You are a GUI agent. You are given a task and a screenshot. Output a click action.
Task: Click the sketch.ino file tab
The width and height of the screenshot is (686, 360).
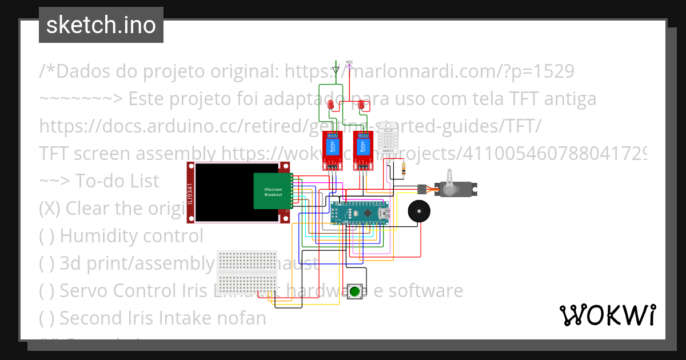101,25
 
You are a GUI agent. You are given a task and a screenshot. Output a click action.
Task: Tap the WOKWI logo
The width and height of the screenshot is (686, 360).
607,315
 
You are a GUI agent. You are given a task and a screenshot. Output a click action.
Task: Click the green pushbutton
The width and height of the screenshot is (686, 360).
354,291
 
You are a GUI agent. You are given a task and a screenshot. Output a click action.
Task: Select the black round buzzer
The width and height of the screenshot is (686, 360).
419,211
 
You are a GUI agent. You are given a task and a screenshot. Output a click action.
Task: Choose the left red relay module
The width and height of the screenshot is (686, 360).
332,150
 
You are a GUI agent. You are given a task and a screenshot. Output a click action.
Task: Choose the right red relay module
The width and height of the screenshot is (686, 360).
362,150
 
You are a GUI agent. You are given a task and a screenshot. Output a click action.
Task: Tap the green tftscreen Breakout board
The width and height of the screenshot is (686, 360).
273,191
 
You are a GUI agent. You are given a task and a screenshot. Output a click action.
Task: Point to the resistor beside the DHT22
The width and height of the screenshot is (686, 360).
405,169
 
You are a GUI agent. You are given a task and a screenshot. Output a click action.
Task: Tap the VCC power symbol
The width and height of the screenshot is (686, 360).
349,63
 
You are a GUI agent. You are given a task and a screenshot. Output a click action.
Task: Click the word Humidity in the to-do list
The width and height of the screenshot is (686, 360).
97,235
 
